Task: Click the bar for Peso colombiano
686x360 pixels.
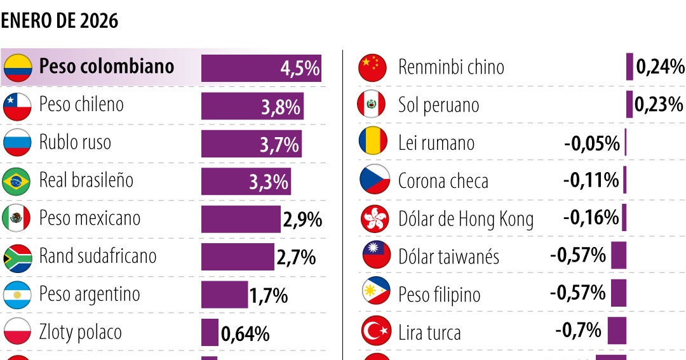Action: pos(260,68)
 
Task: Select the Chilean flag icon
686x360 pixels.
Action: pos(17,106)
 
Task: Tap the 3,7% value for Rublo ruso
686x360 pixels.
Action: pos(279,145)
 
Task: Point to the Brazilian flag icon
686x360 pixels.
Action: pos(17,182)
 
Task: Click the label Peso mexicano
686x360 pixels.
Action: pos(90,218)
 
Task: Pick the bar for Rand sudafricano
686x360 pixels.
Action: pos(238,257)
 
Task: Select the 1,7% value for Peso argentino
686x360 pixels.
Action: pos(269,295)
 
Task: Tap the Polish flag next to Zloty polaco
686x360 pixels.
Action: pos(17,332)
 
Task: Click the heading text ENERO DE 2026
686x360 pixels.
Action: pos(60,21)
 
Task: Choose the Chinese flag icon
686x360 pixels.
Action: pos(372,67)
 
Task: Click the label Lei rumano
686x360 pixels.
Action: pos(436,143)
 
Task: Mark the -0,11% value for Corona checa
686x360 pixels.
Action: pos(591,181)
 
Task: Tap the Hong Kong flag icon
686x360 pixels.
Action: pos(374,219)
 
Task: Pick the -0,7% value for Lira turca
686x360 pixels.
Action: pos(578,330)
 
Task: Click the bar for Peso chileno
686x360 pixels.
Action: pos(252,106)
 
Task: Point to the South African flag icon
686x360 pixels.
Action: pos(17,258)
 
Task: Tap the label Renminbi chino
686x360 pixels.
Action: pos(451,67)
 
